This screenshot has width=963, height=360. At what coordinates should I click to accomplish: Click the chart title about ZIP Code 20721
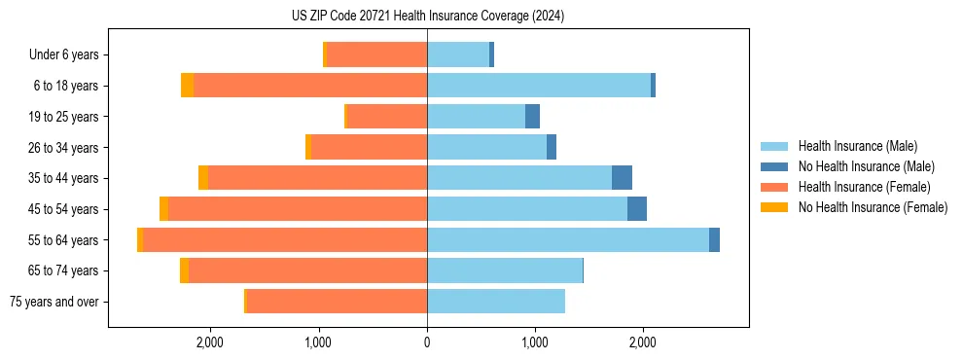(x=427, y=17)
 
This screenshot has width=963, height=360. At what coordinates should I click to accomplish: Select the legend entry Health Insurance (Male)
(x=857, y=146)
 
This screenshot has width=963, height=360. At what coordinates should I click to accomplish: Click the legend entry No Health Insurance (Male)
(x=866, y=166)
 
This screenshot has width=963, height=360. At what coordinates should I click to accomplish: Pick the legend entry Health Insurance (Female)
(x=864, y=187)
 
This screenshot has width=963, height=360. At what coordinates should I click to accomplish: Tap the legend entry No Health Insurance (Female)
(x=873, y=207)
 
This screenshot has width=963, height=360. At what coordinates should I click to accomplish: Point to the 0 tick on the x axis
(x=427, y=342)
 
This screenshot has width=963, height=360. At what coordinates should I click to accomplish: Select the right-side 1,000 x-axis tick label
(x=535, y=342)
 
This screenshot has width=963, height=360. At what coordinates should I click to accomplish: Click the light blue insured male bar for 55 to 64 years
(x=568, y=240)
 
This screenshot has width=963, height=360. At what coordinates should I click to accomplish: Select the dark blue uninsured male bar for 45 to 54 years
(x=637, y=209)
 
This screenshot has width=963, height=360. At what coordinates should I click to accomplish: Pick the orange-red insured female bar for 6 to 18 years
(x=310, y=86)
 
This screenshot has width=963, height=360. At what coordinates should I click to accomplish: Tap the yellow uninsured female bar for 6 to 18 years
(x=188, y=86)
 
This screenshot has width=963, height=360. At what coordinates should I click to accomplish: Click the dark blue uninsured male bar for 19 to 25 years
(x=532, y=117)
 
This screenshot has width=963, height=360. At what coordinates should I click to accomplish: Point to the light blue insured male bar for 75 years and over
(x=496, y=302)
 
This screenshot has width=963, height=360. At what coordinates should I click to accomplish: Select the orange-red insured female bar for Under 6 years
(x=376, y=55)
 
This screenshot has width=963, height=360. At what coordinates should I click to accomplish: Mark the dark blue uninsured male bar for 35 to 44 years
(x=622, y=178)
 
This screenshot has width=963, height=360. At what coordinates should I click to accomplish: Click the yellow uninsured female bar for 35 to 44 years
(x=203, y=178)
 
